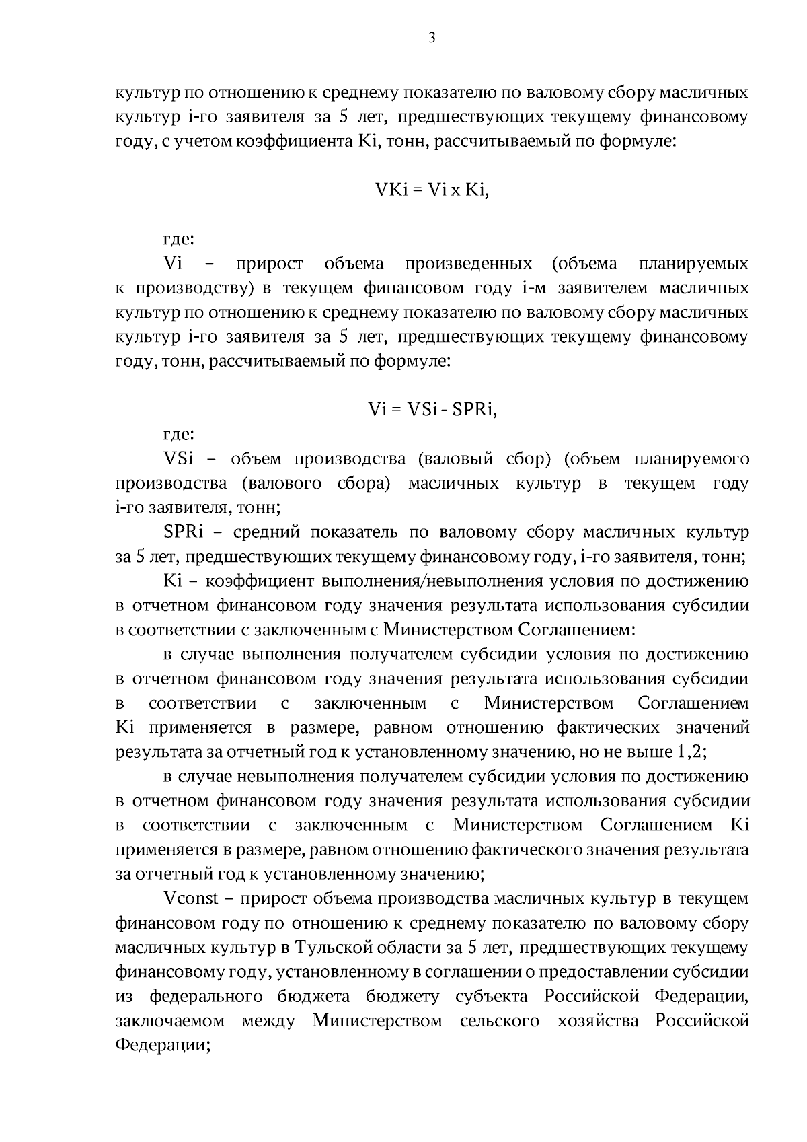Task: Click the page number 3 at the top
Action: [x=432, y=38]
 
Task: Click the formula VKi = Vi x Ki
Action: [x=432, y=190]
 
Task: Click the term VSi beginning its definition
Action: [x=178, y=460]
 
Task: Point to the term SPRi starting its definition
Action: [x=183, y=532]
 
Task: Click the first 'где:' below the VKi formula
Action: [x=179, y=240]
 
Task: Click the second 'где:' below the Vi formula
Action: [x=179, y=435]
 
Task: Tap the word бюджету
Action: [x=402, y=996]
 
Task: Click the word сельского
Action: [x=500, y=1021]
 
